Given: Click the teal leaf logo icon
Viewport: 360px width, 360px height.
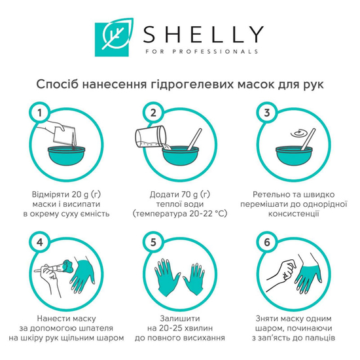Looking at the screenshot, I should point(109,39).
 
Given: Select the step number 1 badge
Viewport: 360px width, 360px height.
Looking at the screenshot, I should point(41,113).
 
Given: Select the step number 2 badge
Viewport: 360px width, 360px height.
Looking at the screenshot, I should point(153,113).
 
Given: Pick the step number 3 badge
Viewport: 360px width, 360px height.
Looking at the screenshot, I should point(266,113).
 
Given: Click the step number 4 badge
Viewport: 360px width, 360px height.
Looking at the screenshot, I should point(41,243).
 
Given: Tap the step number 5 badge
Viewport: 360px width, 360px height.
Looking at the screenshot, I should point(153,243).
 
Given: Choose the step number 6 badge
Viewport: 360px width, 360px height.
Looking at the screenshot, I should point(266,243).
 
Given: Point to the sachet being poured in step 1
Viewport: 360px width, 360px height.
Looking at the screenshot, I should point(65,135).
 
